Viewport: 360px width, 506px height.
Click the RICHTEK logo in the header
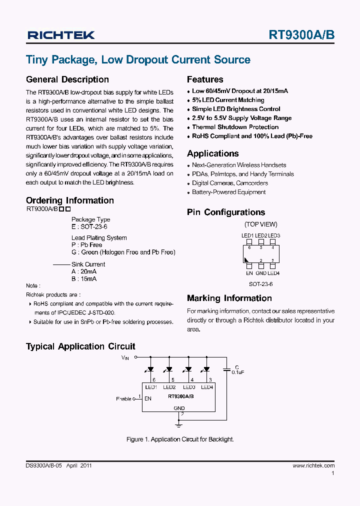click(x=61, y=35)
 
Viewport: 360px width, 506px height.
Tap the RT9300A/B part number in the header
click(x=301, y=35)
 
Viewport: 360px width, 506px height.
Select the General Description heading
click(x=67, y=79)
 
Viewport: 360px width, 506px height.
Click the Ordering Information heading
click(x=69, y=200)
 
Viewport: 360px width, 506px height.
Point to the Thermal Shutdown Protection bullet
click(x=235, y=127)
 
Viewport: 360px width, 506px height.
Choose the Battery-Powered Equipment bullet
click(x=228, y=192)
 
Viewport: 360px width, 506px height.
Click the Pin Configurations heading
click(x=225, y=212)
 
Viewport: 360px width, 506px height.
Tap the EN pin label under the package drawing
click(x=249, y=273)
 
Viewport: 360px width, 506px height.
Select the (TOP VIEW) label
click(x=260, y=224)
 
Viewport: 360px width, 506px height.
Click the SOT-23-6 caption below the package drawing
click(x=260, y=284)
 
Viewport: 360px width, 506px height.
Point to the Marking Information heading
click(x=229, y=298)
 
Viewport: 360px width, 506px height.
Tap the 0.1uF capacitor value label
click(x=237, y=372)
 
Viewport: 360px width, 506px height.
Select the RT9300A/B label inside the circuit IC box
click(x=180, y=396)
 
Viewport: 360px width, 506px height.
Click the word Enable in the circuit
click(x=123, y=399)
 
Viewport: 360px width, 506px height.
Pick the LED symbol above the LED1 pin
click(x=150, y=369)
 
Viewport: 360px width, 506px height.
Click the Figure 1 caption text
click(x=180, y=439)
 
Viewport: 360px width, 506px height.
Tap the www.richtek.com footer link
click(x=313, y=465)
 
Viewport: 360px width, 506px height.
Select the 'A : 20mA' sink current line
click(x=84, y=271)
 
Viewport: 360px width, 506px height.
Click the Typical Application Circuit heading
click(x=80, y=346)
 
